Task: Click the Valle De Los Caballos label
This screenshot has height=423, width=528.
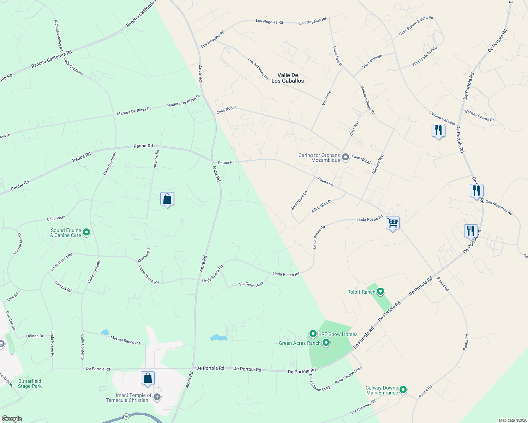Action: pyautogui.click(x=288, y=78)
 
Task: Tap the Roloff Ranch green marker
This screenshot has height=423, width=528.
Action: pyautogui.click(x=380, y=292)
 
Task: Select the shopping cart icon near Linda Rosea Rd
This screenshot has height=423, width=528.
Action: pyautogui.click(x=392, y=223)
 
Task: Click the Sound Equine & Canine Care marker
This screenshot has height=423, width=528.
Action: pyautogui.click(x=86, y=232)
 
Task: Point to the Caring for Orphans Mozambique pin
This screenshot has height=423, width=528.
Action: pyautogui.click(x=346, y=157)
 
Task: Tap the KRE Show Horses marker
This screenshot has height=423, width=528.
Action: pyautogui.click(x=313, y=333)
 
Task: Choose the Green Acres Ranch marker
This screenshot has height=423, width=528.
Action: pyautogui.click(x=326, y=342)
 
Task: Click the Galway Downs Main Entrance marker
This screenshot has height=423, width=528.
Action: pyautogui.click(x=403, y=390)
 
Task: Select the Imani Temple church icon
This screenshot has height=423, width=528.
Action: pyautogui.click(x=157, y=398)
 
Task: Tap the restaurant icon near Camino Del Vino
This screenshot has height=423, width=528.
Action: pyautogui.click(x=438, y=130)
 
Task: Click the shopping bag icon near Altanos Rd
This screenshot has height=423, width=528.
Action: pyautogui.click(x=167, y=199)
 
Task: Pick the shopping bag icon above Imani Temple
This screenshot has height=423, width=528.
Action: pyautogui.click(x=148, y=378)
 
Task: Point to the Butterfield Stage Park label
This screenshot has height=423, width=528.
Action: pyautogui.click(x=30, y=384)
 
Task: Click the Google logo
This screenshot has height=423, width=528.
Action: pyautogui.click(x=12, y=419)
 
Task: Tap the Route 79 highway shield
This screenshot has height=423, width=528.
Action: pyautogui.click(x=127, y=417)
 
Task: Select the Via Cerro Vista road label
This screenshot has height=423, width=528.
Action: pyautogui.click(x=251, y=284)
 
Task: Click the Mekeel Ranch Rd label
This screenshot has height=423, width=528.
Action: pyautogui.click(x=125, y=340)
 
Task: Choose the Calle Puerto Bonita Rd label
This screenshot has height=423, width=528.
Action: pyautogui.click(x=416, y=25)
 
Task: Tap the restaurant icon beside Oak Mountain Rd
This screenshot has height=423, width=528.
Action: pyautogui.click(x=476, y=191)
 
